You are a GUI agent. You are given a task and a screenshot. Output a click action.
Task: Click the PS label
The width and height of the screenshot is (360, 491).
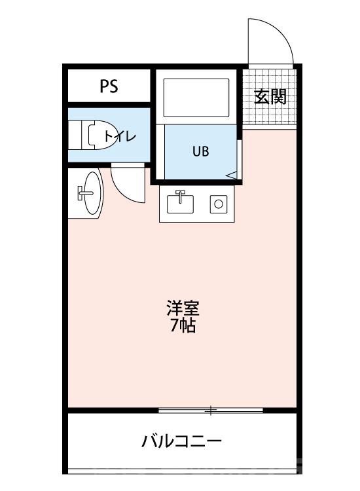(109, 86)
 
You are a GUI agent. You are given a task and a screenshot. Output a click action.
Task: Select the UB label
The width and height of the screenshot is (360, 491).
(200, 151)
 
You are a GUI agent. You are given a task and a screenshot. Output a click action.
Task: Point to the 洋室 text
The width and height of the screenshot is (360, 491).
(183, 308)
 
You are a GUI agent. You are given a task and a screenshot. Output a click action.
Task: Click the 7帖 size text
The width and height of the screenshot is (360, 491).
(183, 326)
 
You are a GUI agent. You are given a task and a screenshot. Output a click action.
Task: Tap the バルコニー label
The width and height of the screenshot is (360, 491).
(182, 441)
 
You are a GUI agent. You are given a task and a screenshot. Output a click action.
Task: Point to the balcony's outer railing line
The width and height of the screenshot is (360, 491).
(183, 470)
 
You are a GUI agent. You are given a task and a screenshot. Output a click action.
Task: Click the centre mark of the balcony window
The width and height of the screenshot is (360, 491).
(211, 410)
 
